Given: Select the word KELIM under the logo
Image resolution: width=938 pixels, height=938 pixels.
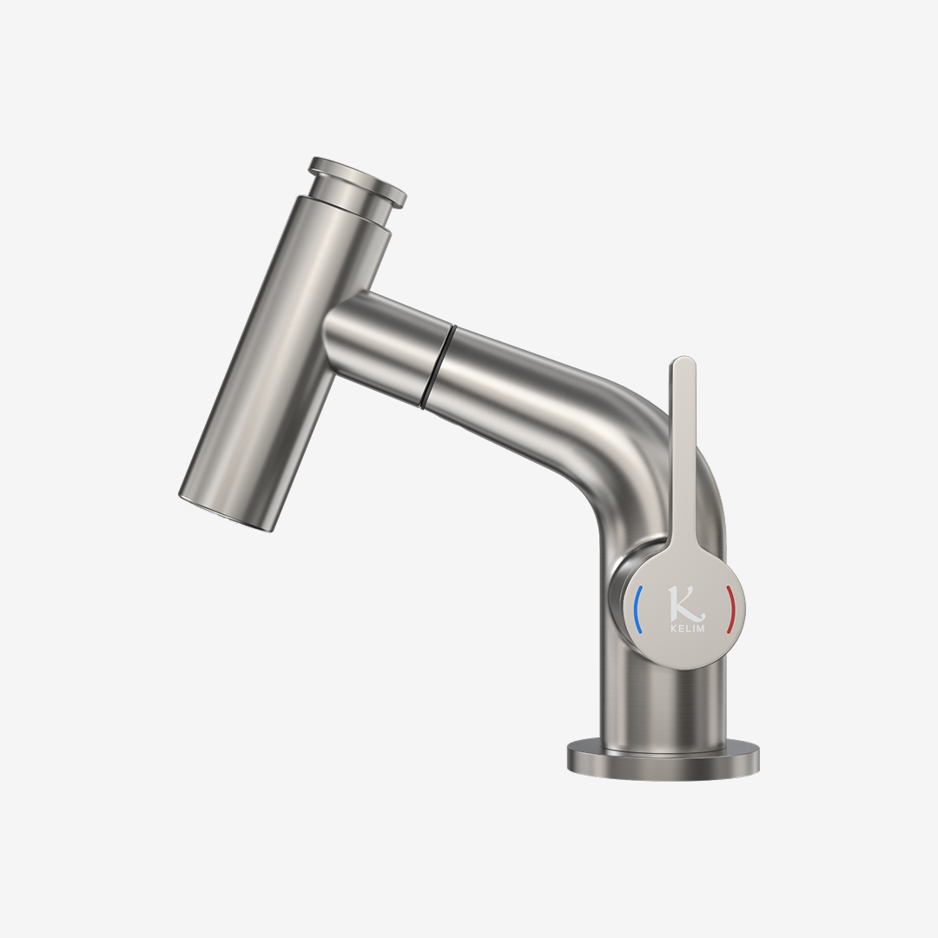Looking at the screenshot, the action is click(x=687, y=628).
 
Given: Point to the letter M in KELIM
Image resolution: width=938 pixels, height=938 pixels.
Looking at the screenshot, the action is click(x=700, y=628).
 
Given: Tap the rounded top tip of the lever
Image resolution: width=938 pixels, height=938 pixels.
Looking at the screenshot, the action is click(x=684, y=360).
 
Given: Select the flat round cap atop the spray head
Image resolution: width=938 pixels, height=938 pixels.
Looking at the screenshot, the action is click(x=358, y=177).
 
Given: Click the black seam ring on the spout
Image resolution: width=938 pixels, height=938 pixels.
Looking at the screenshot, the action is click(x=437, y=367).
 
